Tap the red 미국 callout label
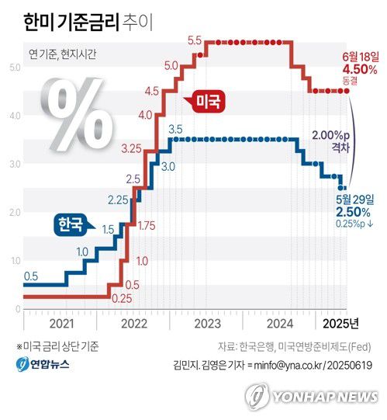[x=206, y=102]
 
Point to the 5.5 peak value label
[x=195, y=40]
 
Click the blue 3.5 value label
[x=174, y=129]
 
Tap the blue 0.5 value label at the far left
[x=31, y=276]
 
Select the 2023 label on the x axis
[x=208, y=323]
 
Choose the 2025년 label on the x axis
[x=340, y=323]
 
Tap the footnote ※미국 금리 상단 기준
[x=57, y=346]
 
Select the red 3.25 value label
[x=131, y=148]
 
